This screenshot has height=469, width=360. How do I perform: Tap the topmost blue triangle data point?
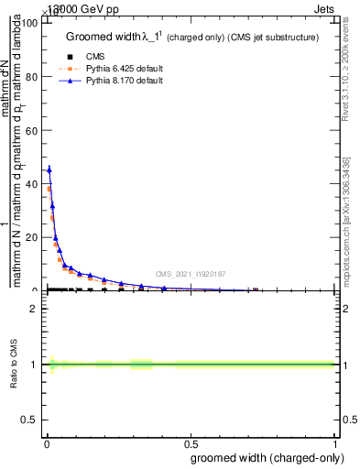click(x=49, y=169)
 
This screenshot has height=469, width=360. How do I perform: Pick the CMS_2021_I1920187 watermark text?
click(x=191, y=273)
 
